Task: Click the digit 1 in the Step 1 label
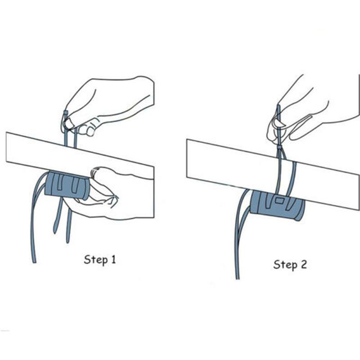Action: tap(113, 259)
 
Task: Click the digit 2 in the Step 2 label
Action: tap(303, 264)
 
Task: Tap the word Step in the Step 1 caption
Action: tap(96, 260)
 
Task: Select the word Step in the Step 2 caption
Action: tap(285, 265)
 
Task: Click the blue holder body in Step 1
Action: tap(67, 185)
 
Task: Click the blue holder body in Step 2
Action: tap(277, 205)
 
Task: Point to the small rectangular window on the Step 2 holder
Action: tap(279, 201)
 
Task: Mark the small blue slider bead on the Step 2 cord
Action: tap(279, 147)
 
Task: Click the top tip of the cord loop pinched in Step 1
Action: tap(66, 112)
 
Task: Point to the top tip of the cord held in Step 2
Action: tap(279, 106)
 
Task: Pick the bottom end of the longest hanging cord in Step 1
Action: tap(35, 262)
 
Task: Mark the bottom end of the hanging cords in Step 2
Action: tap(238, 278)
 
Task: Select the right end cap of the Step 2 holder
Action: tap(300, 210)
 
